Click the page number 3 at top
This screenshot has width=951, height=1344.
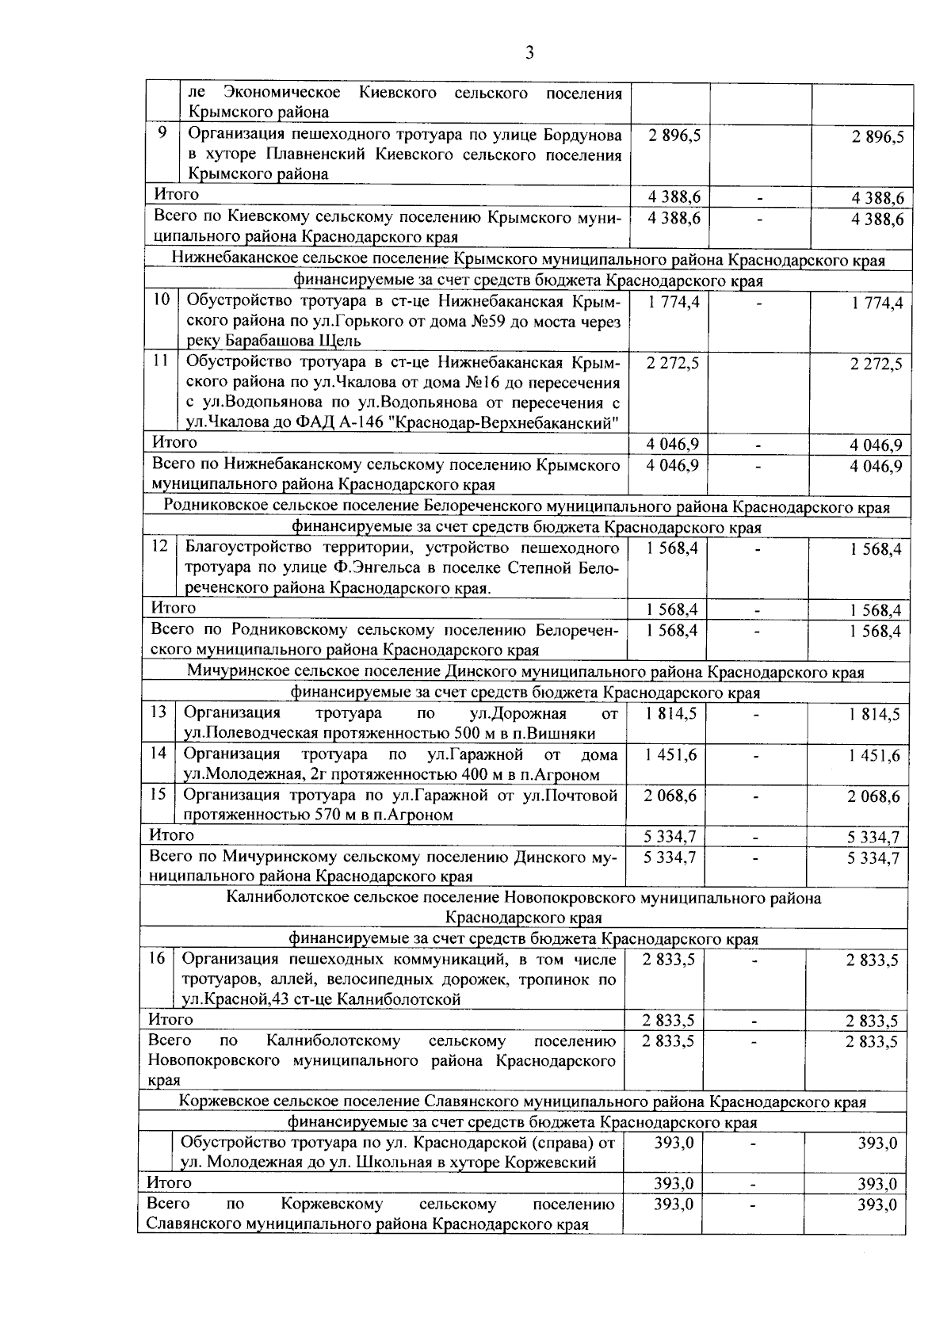pos(529,53)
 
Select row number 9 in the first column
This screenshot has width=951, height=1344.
pos(162,133)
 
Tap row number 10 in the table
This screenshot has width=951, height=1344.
pos(161,300)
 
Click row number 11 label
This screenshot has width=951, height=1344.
pos(161,361)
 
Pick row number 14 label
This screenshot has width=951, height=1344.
pos(158,752)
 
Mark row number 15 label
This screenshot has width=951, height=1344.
pos(158,793)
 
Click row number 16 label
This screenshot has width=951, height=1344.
pos(157,957)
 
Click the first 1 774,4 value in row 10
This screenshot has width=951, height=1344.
pos(673,301)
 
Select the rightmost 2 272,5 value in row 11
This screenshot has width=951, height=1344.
pos(876,365)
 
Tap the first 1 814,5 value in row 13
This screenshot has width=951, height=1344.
pos(670,712)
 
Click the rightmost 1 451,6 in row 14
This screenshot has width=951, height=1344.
pos(873,755)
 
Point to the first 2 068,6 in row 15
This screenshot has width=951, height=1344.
pos(670,795)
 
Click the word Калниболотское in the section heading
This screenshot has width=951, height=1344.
pos(282,897)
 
